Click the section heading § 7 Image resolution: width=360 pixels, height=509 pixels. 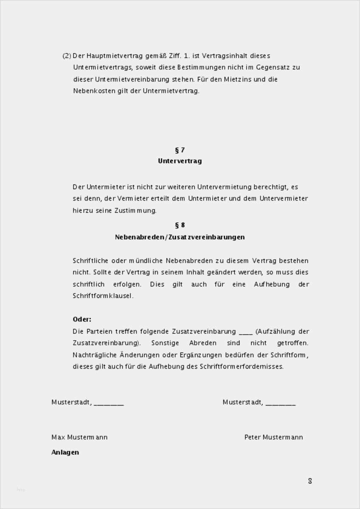point(180,150)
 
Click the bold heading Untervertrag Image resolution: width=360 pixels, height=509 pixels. point(180,161)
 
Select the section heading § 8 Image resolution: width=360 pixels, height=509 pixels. point(180,225)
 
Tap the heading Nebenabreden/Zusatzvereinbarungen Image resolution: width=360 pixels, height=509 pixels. point(180,237)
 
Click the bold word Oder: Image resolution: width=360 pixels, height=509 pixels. point(82,319)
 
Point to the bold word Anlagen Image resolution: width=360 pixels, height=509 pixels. point(65,452)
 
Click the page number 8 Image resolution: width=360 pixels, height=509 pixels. point(310,481)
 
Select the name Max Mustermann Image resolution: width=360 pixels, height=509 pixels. point(79,437)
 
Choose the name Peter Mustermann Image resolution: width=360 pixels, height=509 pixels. point(273,437)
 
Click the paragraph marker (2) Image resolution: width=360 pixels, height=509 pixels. point(67,56)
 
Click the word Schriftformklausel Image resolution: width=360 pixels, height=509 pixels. point(103,296)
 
